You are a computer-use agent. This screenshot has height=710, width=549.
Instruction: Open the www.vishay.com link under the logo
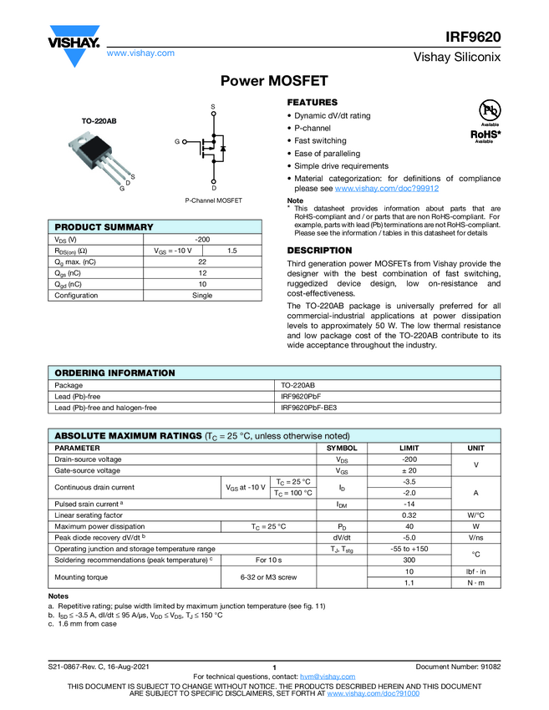(140, 53)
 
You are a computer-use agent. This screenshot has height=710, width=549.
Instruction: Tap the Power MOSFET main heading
(274, 81)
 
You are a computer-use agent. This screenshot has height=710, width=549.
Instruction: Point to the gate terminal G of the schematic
(177, 143)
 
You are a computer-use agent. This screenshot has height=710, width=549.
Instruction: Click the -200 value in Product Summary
(201, 240)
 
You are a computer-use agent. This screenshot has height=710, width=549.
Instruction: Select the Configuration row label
(76, 295)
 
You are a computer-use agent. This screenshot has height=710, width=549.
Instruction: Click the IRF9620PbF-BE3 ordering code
(311, 408)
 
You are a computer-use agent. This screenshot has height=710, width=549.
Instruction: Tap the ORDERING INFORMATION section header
(114, 373)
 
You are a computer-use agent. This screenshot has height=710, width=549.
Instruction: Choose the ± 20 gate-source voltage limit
(409, 471)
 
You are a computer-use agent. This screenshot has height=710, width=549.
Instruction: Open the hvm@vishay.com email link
(328, 676)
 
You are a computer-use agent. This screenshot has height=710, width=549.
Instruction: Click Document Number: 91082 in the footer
(458, 666)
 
